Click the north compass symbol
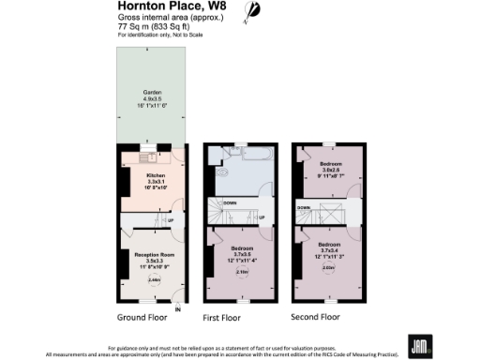(x=252, y=11)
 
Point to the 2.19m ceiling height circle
(x=241, y=273)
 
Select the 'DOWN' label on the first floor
(x=229, y=202)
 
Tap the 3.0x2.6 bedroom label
(x=327, y=170)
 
